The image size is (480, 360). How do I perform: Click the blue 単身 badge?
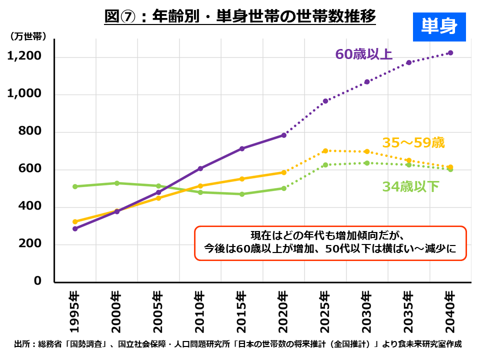click(x=439, y=26)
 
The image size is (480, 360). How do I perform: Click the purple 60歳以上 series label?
click(x=363, y=54)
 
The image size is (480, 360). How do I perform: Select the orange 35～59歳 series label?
click(x=413, y=143)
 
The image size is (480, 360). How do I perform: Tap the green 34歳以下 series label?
click(x=410, y=187)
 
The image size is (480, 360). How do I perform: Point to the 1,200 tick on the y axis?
click(x=24, y=56)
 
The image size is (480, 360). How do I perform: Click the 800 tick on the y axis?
click(x=31, y=132)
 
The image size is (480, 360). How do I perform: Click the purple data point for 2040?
click(x=450, y=52)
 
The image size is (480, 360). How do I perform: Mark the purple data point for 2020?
click(x=283, y=135)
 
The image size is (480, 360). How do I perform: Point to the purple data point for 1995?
click(x=75, y=228)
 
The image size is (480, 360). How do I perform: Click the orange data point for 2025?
click(x=325, y=150)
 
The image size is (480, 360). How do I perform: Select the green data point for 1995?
click(x=75, y=186)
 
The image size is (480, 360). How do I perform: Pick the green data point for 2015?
click(x=242, y=194)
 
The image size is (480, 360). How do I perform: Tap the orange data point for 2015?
click(x=242, y=178)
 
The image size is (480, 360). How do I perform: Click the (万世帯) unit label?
click(x=28, y=36)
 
